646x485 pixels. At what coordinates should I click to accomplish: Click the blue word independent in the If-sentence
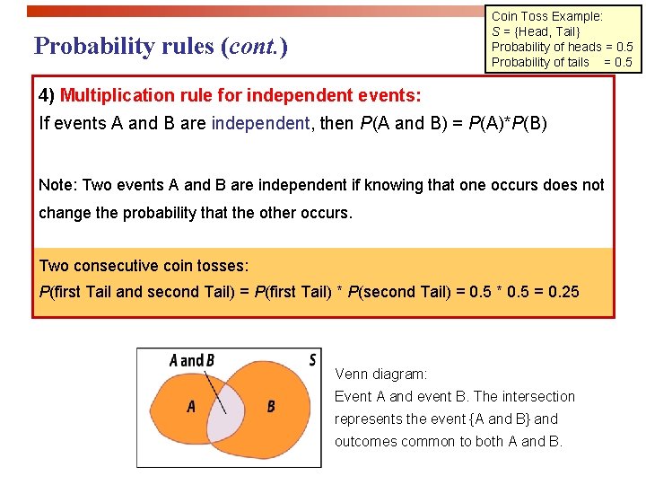pos(259,123)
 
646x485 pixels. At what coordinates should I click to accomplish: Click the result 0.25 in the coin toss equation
pos(563,291)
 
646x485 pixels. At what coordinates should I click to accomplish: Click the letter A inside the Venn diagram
pos(191,407)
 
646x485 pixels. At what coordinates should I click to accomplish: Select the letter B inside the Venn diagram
pos(271,407)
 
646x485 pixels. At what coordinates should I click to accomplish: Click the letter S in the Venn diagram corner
pos(312,360)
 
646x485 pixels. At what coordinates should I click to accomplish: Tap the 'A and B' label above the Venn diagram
pos(192,361)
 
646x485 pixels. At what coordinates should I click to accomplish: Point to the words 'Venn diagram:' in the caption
pos(381,374)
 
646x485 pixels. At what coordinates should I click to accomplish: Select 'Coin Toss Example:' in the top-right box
pos(547,16)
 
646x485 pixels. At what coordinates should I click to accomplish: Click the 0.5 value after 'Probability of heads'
pos(619,47)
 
